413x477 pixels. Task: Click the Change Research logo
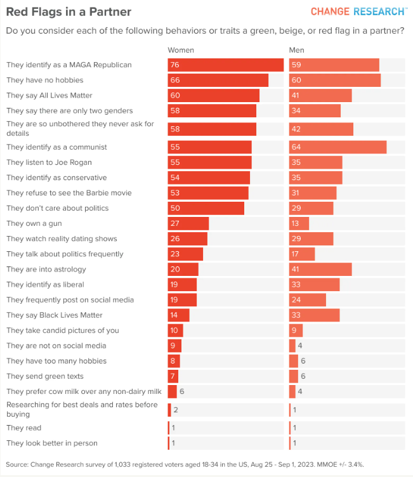[358, 11]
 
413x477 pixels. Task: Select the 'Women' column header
[181, 50]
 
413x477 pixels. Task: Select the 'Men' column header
[296, 50]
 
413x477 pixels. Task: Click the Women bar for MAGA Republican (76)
[225, 65]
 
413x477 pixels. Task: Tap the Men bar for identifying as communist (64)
[338, 147]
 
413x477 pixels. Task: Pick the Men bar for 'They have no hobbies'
[334, 80]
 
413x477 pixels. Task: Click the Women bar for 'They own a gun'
[188, 223]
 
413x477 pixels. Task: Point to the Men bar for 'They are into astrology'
[320, 269]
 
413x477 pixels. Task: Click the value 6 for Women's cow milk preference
[181, 391]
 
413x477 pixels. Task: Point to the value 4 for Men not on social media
[301, 346]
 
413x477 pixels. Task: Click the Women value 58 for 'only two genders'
[175, 110]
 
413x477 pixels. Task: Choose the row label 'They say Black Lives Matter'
[54, 315]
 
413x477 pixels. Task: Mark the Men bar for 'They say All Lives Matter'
[320, 95]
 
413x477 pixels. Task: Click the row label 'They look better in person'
[51, 443]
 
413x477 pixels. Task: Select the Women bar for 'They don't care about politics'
[206, 208]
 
